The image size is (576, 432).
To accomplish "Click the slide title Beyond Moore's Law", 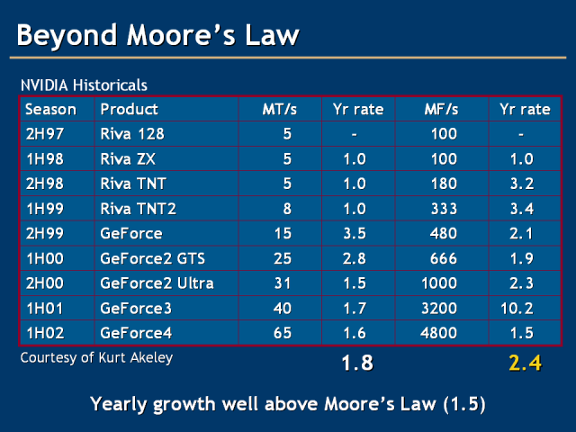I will [158, 35].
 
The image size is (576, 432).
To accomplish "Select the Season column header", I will [50, 110].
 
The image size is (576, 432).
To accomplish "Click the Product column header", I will [129, 110].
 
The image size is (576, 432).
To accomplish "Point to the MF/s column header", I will [441, 110].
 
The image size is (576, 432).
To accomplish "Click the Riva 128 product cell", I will [133, 134].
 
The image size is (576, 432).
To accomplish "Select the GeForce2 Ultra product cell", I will [157, 283].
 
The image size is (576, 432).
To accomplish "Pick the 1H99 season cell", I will [44, 209].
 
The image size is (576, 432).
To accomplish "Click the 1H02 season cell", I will [44, 333].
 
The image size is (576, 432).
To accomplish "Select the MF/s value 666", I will [445, 258].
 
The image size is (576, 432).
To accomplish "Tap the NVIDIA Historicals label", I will [84, 85].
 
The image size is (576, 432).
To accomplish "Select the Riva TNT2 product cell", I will [137, 209].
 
